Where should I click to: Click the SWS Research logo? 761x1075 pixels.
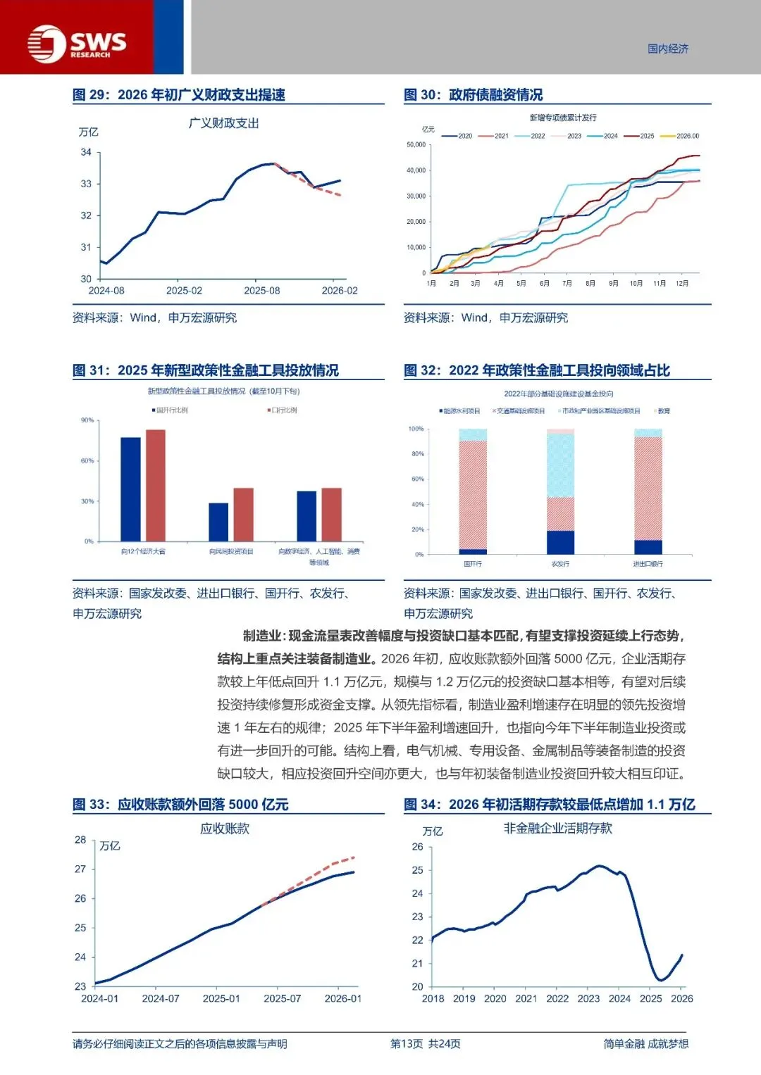[x=77, y=44]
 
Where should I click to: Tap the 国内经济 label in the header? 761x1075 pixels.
[x=668, y=49]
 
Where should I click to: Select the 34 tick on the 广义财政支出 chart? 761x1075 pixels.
[x=86, y=152]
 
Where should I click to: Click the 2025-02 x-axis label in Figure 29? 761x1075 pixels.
[x=184, y=291]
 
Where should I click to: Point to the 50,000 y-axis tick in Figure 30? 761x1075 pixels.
[x=416, y=145]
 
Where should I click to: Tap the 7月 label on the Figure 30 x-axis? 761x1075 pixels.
[x=567, y=283]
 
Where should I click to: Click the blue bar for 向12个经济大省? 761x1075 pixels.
[x=130, y=489]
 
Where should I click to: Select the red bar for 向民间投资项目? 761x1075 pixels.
[x=243, y=515]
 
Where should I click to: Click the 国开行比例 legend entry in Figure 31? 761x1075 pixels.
[x=171, y=410]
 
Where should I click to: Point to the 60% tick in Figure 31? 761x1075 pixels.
[x=87, y=461]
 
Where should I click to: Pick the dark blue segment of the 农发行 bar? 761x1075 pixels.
[x=560, y=542]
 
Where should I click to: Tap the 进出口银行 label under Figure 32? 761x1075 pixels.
[x=648, y=564]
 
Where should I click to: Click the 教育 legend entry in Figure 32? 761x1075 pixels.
[x=663, y=411]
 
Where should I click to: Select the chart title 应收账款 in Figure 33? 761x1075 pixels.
[x=225, y=829]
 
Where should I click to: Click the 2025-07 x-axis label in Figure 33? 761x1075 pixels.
[x=282, y=998]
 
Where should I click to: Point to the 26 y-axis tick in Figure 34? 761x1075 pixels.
[x=418, y=847]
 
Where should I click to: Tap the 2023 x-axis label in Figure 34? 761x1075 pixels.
[x=588, y=998]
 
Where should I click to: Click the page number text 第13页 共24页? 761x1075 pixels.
[x=426, y=1043]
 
